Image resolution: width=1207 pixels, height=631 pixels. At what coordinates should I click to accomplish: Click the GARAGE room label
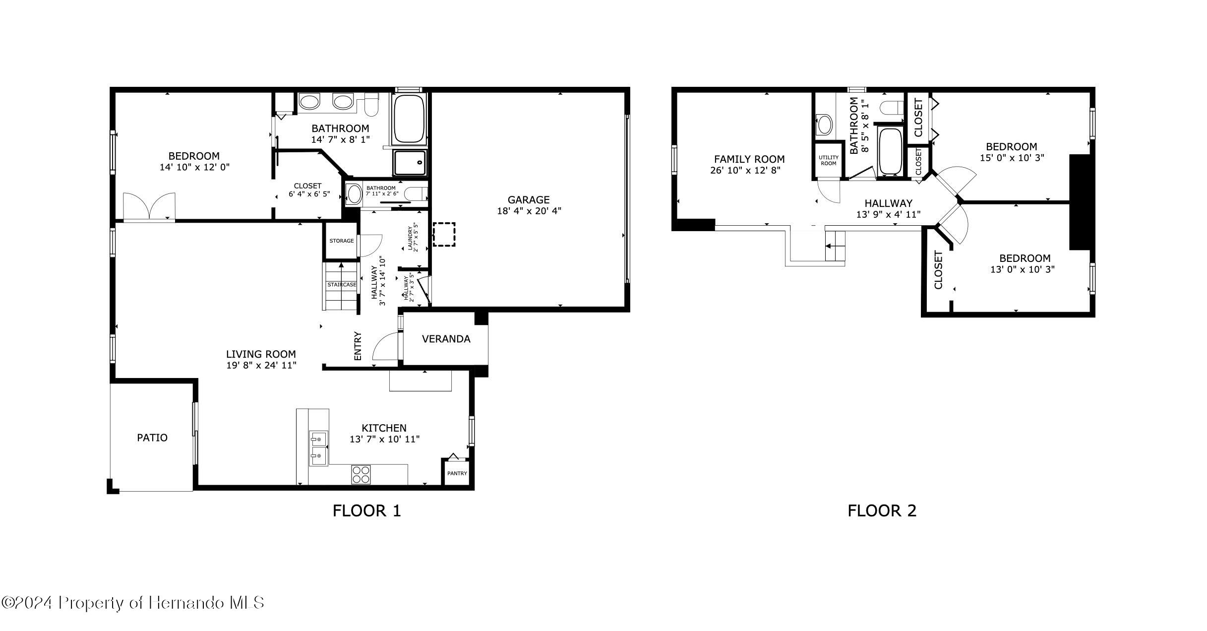click(528, 200)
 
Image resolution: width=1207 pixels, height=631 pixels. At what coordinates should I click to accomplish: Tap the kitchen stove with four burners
click(361, 474)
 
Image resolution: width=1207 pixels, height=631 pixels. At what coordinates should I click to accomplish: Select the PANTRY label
click(457, 473)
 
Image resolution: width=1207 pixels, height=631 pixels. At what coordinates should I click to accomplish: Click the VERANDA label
click(446, 339)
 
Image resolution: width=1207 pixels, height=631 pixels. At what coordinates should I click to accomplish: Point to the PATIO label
click(152, 438)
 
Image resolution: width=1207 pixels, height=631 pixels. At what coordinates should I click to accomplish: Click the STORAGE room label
click(342, 241)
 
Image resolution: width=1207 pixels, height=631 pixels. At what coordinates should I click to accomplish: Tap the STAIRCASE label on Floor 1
click(341, 285)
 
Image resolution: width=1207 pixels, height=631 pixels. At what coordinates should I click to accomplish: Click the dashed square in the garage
click(444, 234)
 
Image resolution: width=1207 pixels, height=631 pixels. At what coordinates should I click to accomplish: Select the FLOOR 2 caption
click(882, 511)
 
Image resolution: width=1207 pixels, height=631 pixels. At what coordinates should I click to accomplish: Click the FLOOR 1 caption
click(366, 511)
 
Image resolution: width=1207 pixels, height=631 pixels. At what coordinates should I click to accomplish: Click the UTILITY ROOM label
click(828, 160)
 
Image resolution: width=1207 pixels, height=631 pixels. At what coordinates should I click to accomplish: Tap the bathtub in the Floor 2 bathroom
click(890, 151)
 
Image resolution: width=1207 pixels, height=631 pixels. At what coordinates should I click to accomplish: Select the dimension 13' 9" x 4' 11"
click(888, 215)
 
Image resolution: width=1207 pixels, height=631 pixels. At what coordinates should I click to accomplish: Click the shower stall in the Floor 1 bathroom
click(409, 163)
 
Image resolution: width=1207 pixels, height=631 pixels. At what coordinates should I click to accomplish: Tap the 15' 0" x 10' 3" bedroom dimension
click(1012, 158)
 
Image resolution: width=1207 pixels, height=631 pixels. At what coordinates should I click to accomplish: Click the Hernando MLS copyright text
click(132, 603)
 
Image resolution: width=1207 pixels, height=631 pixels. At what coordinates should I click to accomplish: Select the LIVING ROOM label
click(261, 354)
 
